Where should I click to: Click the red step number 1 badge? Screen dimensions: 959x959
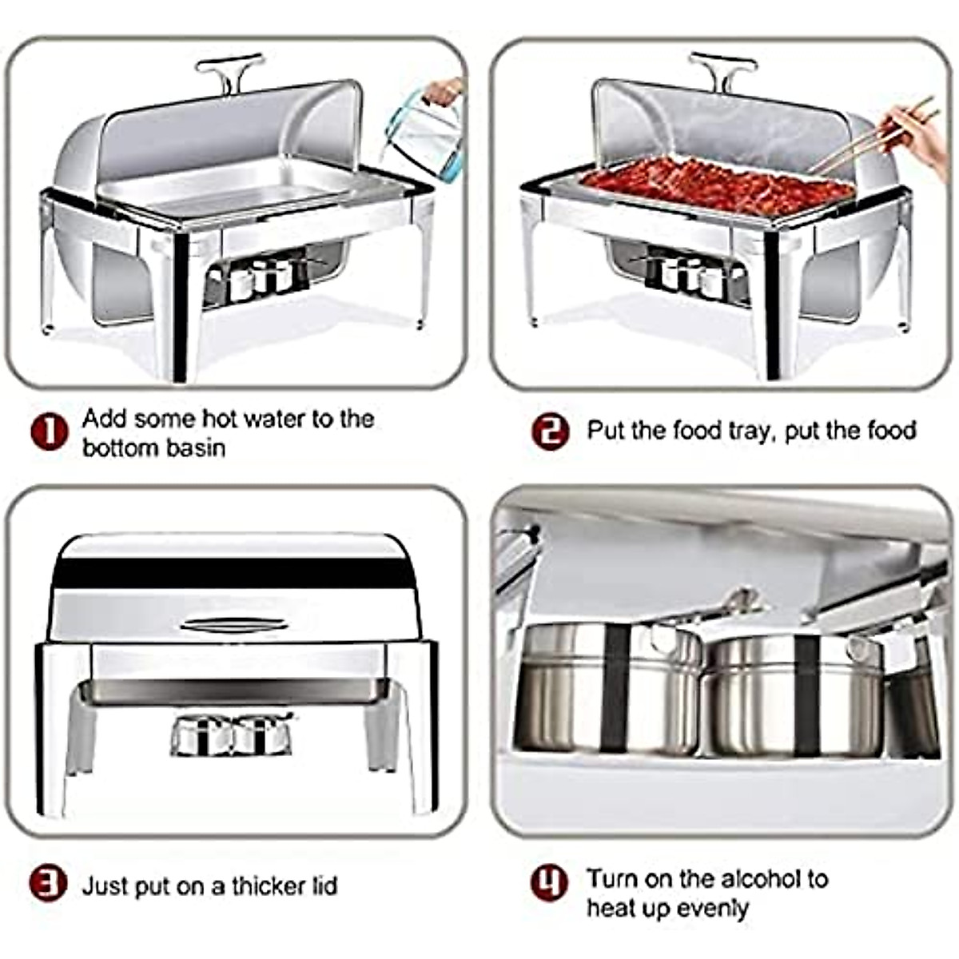pos(49,432)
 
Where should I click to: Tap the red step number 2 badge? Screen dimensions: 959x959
pos(550,432)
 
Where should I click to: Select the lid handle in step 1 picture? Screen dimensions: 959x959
pos(229,70)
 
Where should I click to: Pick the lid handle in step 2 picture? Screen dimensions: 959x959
pos(722,70)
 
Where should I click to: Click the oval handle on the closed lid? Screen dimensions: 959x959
pos(233,624)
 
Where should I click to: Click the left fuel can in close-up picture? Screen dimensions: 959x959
pos(607,689)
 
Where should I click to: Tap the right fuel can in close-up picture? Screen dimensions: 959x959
pos(795,694)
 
